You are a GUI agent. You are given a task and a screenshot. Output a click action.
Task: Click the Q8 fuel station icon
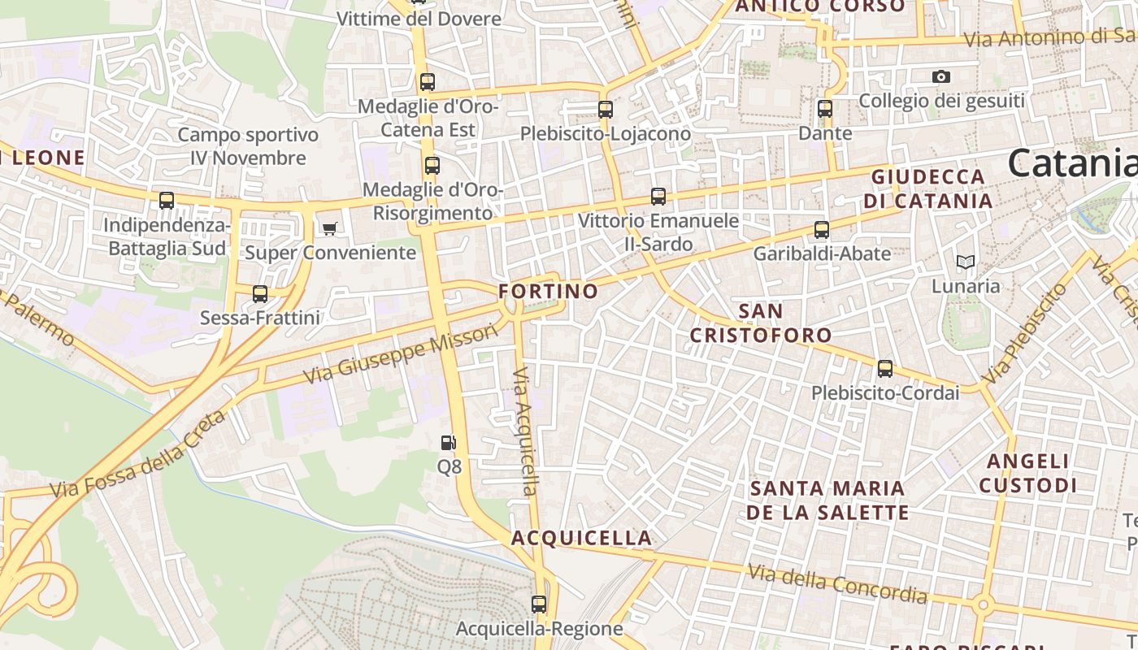pos(448,443)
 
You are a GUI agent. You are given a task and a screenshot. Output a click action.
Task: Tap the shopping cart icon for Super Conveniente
pos(329,228)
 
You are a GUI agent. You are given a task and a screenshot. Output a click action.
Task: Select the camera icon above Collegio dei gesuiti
pos(941,76)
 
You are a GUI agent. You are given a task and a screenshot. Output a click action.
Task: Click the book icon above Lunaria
pos(965,262)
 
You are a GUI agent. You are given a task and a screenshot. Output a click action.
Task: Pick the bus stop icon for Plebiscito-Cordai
pos(885,369)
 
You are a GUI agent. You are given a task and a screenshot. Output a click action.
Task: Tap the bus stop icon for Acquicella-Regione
pos(539,604)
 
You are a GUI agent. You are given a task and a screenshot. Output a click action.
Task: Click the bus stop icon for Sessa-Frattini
pos(260,293)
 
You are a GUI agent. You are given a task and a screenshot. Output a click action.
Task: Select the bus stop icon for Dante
pos(825,108)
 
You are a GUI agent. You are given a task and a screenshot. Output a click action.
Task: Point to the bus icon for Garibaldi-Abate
pos(822,229)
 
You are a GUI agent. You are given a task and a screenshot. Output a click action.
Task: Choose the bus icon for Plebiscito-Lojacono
pos(606,109)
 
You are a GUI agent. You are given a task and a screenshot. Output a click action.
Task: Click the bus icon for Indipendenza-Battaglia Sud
pos(167,200)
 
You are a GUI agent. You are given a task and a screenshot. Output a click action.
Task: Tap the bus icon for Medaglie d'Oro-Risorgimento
pos(432,166)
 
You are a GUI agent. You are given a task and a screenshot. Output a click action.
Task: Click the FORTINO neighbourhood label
pos(548,291)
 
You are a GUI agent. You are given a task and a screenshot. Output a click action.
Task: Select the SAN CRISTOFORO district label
pos(762,323)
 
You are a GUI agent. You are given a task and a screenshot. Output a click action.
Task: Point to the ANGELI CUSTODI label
pos(1027,474)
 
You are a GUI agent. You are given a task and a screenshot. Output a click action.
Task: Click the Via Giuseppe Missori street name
pos(400,354)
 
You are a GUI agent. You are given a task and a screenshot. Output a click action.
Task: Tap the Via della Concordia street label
pos(837,584)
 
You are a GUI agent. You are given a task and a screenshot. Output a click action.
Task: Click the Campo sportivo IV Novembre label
pos(248,146)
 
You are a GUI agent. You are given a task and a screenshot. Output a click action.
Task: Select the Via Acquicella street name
pos(526,431)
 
